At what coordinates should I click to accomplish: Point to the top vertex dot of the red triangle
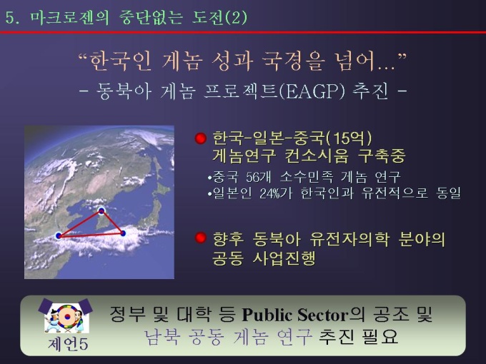[x=101, y=211]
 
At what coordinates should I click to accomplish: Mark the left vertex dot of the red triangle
[x=58, y=235]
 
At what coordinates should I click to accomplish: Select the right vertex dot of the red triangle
[x=123, y=233]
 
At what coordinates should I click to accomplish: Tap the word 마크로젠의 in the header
[x=66, y=17]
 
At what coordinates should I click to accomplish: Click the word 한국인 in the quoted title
[x=119, y=63]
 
